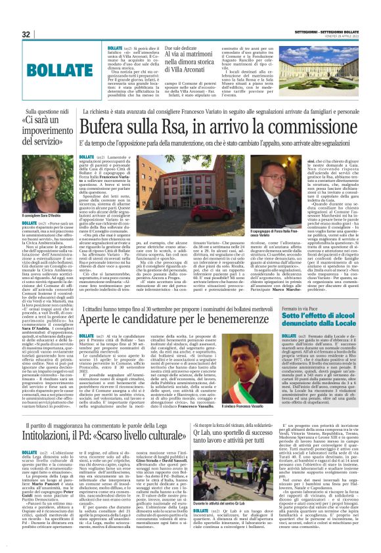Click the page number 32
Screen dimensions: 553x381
point(26,34)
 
